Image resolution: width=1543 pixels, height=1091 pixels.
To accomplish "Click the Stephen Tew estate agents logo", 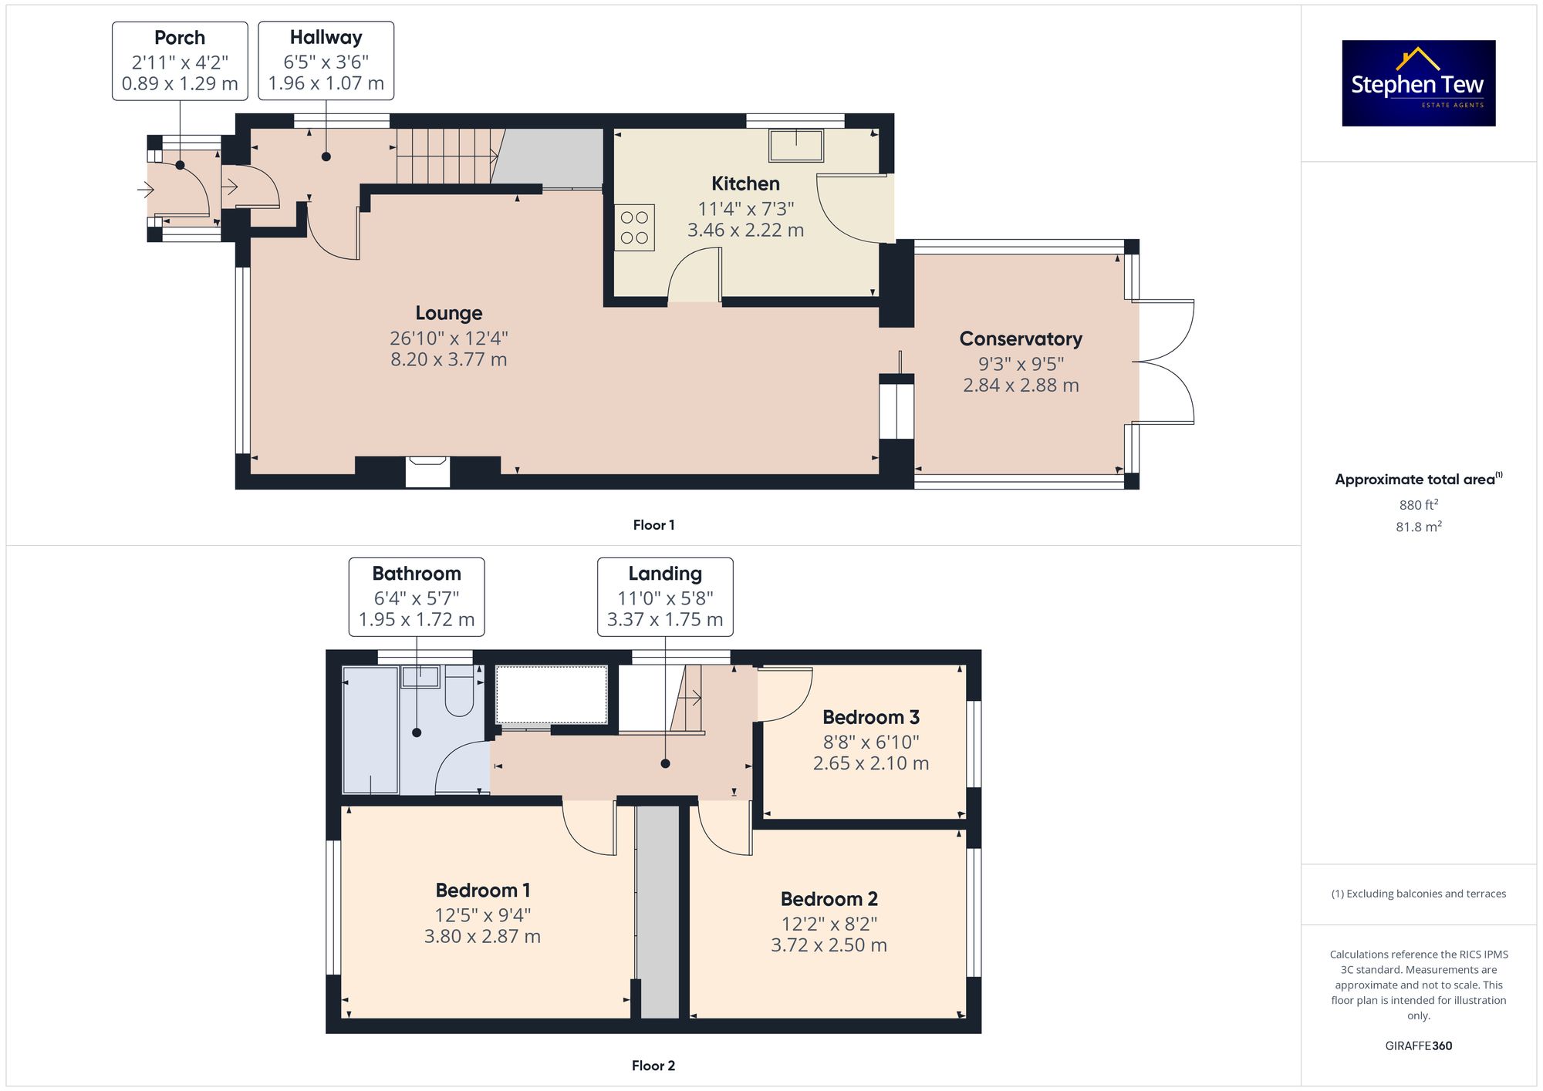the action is click(x=1419, y=83).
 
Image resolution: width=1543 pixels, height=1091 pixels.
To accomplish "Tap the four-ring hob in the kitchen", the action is click(x=634, y=227).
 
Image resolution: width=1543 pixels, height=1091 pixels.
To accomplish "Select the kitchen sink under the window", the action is click(x=796, y=145).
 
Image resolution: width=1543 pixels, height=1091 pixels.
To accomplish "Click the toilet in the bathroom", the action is click(x=459, y=692).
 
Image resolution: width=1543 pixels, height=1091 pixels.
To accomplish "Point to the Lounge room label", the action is click(x=449, y=313).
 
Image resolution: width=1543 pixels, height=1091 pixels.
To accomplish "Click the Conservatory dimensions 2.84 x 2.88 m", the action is click(x=1021, y=385).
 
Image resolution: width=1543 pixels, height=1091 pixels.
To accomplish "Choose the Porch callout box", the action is click(x=180, y=61).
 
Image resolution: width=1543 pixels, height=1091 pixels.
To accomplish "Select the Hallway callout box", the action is click(x=326, y=61).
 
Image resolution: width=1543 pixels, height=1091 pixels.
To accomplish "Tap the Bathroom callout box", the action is click(x=417, y=597).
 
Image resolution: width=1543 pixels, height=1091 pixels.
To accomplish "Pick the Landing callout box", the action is click(x=665, y=597).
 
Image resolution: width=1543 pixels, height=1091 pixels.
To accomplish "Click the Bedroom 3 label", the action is click(x=871, y=718).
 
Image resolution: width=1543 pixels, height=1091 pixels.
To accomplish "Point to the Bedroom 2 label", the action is click(x=829, y=899).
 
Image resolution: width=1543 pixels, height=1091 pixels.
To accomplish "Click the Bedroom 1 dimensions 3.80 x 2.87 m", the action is click(x=482, y=936).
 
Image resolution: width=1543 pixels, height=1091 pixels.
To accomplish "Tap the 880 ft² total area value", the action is click(x=1419, y=505).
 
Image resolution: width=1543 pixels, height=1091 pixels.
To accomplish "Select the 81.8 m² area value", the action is click(x=1419, y=527).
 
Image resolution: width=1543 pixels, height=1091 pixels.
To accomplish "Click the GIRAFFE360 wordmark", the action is click(x=1419, y=1046).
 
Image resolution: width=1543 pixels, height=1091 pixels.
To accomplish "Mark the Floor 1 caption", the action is click(x=653, y=525).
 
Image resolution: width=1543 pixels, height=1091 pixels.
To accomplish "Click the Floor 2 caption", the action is click(x=653, y=1066).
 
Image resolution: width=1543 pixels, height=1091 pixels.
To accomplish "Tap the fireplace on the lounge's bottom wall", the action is click(x=427, y=472).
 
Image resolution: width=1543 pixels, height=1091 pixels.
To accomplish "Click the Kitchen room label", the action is click(x=745, y=184).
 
